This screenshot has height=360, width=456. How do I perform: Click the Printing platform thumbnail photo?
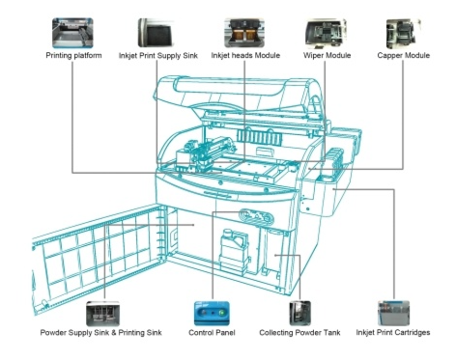pos(72,33)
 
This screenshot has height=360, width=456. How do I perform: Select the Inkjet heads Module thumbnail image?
pos(244,33)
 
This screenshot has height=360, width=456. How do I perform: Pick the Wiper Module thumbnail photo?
pos(326,33)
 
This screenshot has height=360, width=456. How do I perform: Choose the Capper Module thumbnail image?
pos(404,34)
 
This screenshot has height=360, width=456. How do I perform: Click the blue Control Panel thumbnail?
pos(212,313)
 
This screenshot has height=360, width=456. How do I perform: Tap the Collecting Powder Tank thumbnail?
pos(299,313)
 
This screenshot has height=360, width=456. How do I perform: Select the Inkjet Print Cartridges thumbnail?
pos(393,313)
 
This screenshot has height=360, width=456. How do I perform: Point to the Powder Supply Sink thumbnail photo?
pos(102,314)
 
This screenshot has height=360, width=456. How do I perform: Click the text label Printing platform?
pos(73,55)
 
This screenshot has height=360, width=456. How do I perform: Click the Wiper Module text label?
pos(327,55)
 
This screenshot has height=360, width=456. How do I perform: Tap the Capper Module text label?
pos(404,55)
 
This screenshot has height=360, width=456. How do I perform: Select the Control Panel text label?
pos(212,332)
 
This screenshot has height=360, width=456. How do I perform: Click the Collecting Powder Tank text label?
pos(299,332)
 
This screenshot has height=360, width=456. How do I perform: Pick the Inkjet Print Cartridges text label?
pos(393,332)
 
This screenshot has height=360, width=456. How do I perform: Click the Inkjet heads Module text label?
pos(245,55)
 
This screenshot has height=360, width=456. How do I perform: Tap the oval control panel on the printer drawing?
pos(256,216)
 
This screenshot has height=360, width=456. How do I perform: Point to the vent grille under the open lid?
pos(260,137)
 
